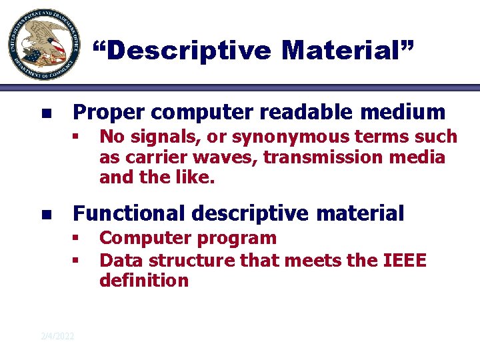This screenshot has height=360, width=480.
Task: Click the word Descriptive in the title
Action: click(182, 51)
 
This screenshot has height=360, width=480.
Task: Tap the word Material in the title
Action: click(347, 51)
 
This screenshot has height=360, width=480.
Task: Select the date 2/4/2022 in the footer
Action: click(57, 335)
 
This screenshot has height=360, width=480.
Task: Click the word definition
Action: click(144, 281)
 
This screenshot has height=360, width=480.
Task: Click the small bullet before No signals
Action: click(77, 138)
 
